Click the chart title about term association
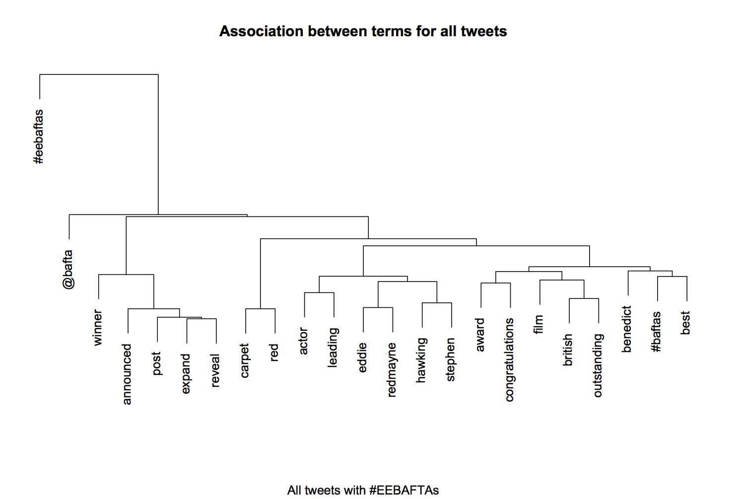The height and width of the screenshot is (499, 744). click(x=363, y=31)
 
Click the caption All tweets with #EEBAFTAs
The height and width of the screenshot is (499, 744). click(x=363, y=490)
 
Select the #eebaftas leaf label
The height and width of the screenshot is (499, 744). click(x=39, y=137)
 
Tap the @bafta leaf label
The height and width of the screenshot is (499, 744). click(x=68, y=269)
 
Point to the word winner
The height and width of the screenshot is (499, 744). click(x=98, y=328)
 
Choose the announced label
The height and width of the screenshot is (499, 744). click(x=127, y=374)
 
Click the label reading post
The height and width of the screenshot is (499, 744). click(x=157, y=363)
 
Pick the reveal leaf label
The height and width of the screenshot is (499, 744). click(x=215, y=370)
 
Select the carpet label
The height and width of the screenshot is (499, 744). click(x=245, y=361)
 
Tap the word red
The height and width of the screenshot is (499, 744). click(x=274, y=353)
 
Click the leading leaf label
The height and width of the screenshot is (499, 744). click(x=333, y=347)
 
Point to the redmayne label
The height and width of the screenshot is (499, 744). click(x=392, y=370)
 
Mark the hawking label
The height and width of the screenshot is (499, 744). click(x=421, y=360)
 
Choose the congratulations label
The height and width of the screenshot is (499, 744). click(x=510, y=360)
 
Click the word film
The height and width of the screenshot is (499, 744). click(x=539, y=324)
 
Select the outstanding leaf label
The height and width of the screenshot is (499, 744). click(x=598, y=365)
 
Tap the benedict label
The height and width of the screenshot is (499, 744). click(x=627, y=329)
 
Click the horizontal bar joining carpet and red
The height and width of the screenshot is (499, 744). click(x=260, y=309)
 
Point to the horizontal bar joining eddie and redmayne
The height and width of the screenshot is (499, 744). click(x=378, y=307)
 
